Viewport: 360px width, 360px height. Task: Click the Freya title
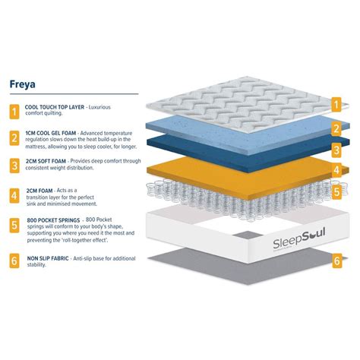pos(22,84)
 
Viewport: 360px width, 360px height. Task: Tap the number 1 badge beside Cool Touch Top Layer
pos(14,112)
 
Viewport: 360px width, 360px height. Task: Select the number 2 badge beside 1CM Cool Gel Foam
pos(14,138)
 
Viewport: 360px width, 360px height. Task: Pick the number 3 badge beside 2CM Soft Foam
pos(14,166)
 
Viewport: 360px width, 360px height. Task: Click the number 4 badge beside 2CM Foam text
pos(14,196)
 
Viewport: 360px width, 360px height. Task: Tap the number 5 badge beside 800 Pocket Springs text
pos(14,225)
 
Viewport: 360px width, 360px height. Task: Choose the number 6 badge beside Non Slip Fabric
pos(14,261)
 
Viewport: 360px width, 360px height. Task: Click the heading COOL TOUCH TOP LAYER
pos(55,107)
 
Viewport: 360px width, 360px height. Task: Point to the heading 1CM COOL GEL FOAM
pos(51,133)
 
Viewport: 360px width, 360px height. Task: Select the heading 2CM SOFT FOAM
pos(46,161)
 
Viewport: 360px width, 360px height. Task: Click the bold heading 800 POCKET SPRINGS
pos(53,220)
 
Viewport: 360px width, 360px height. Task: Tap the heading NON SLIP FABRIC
pos(48,258)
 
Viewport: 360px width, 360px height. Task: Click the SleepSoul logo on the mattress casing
pos(299,239)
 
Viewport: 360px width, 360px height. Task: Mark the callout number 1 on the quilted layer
pos(336,105)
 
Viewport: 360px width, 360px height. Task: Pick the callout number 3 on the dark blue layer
pos(336,150)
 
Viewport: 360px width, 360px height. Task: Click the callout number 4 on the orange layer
pos(336,170)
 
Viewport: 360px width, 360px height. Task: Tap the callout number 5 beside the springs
pos(336,191)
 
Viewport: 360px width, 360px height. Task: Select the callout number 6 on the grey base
pos(337,261)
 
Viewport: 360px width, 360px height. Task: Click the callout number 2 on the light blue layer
pos(336,128)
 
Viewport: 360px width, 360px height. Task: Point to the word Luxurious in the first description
pos(99,107)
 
